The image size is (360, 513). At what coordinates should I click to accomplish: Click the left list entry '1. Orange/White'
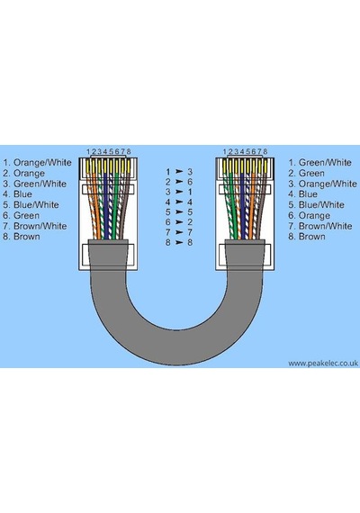coord(37,163)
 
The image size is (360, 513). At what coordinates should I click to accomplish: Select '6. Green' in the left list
coord(21,216)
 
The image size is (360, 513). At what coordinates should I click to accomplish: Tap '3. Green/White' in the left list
coord(34,184)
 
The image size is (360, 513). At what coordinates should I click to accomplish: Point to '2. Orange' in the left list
coord(23,174)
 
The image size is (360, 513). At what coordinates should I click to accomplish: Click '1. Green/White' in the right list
coord(319,163)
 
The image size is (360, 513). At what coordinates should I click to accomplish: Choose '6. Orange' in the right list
coord(309,216)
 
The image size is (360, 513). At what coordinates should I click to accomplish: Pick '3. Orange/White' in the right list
coord(322,184)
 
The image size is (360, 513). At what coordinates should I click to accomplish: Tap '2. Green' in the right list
coord(306,174)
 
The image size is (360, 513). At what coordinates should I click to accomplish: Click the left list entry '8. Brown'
coord(22,237)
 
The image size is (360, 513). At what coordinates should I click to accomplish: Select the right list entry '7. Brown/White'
coord(320,226)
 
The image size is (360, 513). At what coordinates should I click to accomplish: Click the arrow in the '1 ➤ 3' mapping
coord(179,171)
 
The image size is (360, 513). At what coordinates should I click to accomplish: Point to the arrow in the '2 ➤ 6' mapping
coord(179,182)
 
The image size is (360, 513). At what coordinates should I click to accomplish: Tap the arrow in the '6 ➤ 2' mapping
coord(179,222)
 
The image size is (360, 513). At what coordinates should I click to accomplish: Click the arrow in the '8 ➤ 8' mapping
coord(179,242)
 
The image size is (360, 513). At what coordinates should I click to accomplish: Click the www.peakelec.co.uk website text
coord(323,364)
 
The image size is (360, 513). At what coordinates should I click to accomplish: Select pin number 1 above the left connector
coord(88,151)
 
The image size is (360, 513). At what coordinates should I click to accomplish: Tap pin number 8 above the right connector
coord(265,151)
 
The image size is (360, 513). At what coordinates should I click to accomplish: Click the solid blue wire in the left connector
coord(106,206)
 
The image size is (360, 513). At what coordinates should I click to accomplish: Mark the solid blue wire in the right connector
coord(243,206)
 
